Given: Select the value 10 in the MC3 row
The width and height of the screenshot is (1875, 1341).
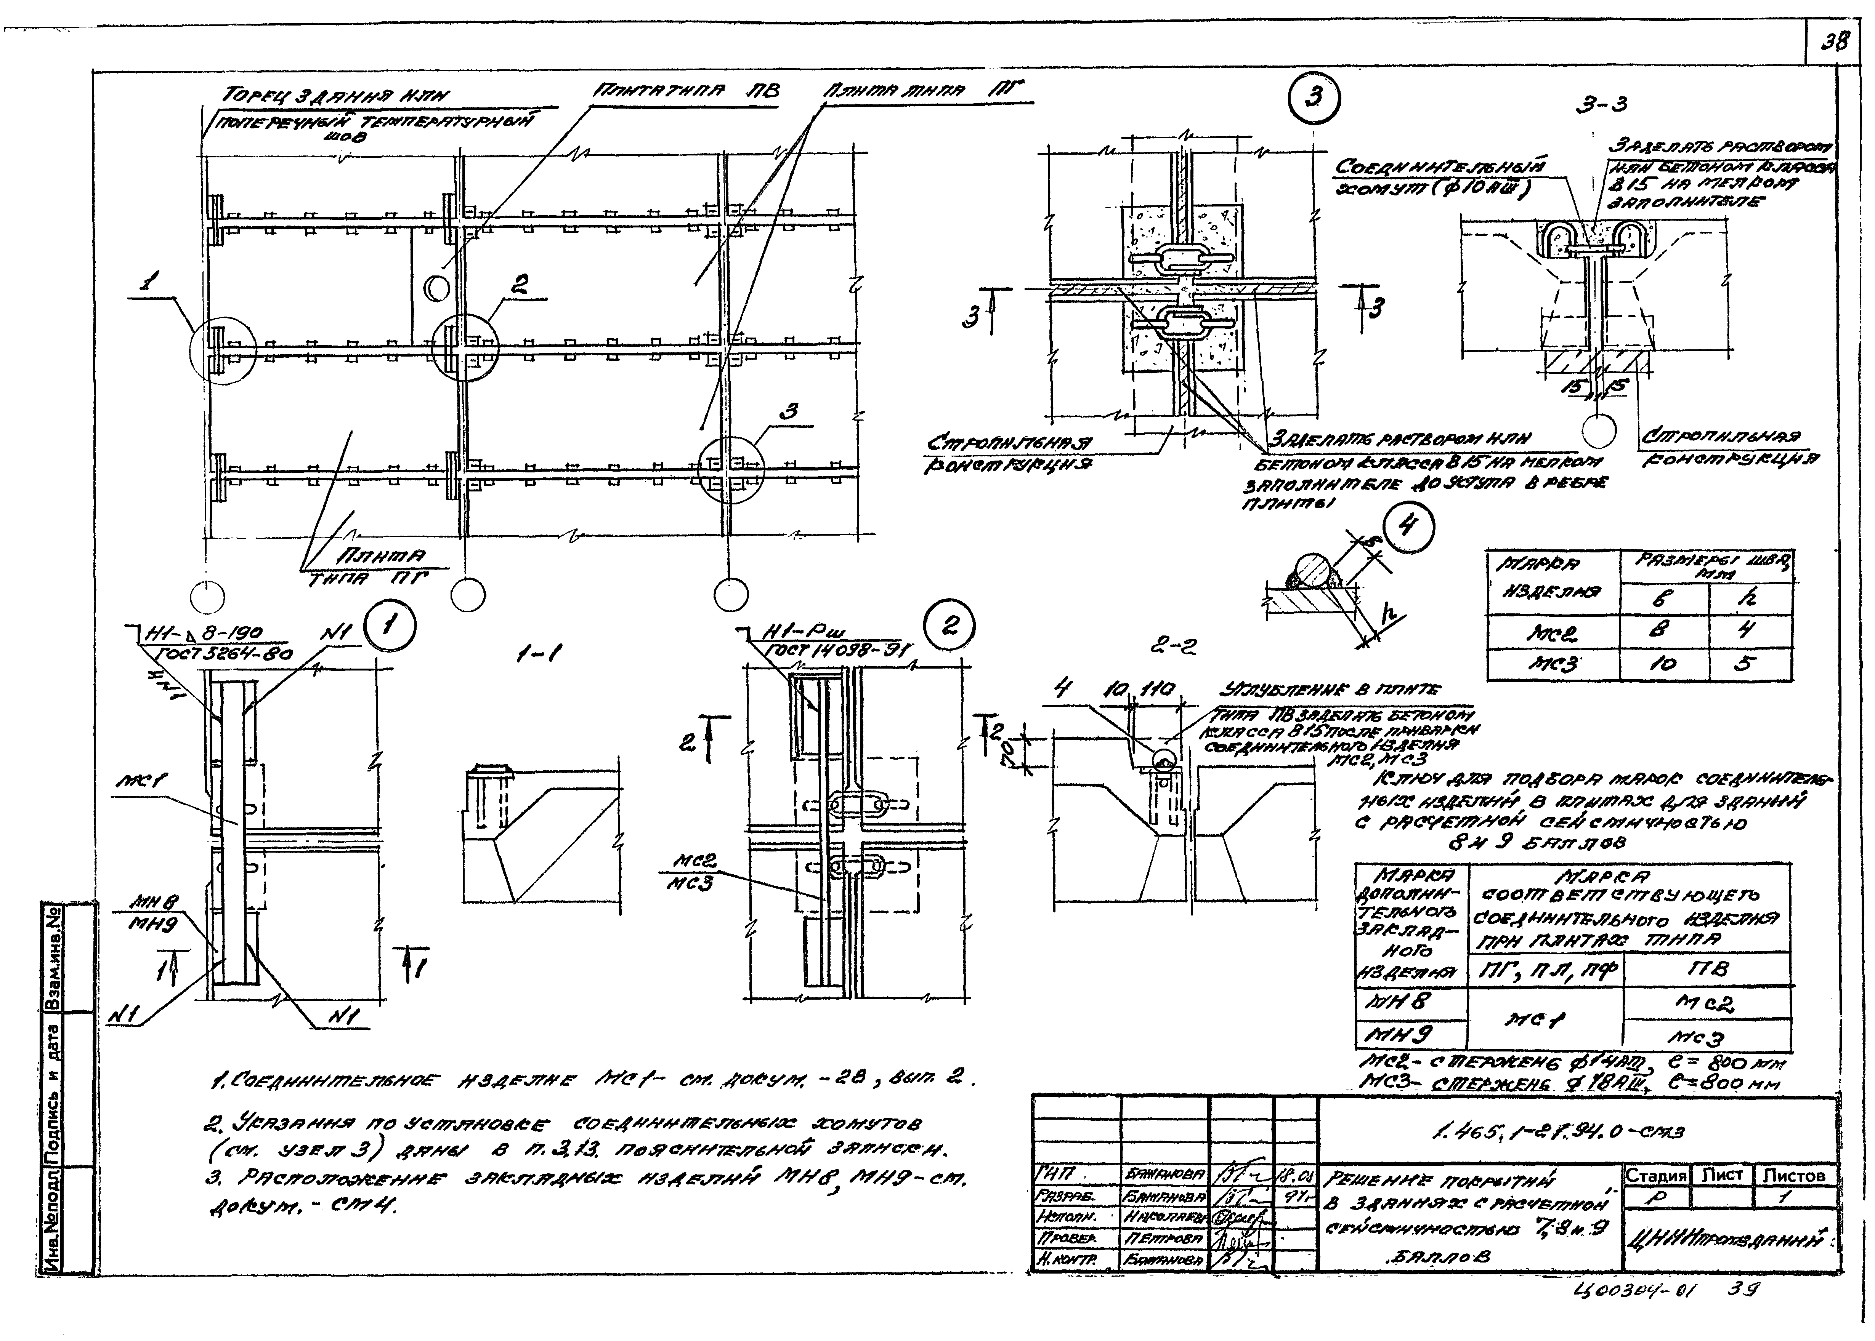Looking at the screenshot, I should coord(1662,664).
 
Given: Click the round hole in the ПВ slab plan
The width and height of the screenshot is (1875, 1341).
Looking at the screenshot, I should coord(437,288).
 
